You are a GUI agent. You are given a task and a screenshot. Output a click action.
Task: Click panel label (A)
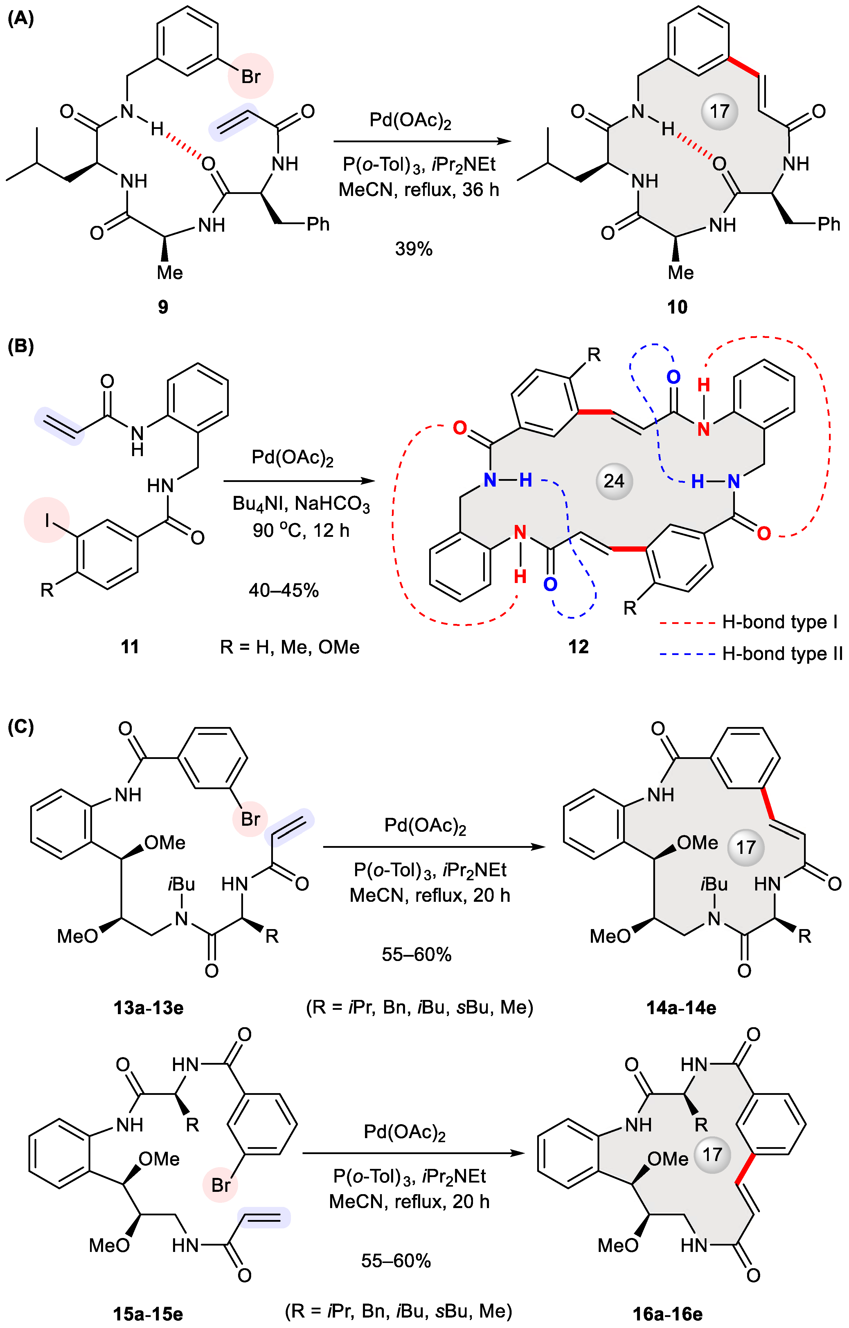coord(21,19)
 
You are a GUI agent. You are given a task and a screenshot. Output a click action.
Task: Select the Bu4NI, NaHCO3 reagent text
coord(301,504)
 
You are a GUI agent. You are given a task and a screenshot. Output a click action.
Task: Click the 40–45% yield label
coord(284,591)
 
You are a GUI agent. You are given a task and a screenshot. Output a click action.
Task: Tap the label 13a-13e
coord(148,1007)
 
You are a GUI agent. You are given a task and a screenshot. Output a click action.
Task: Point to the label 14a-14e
coord(681,1007)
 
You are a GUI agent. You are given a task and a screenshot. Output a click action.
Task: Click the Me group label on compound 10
coord(681,272)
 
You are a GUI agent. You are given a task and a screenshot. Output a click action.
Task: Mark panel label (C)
coord(21,727)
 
